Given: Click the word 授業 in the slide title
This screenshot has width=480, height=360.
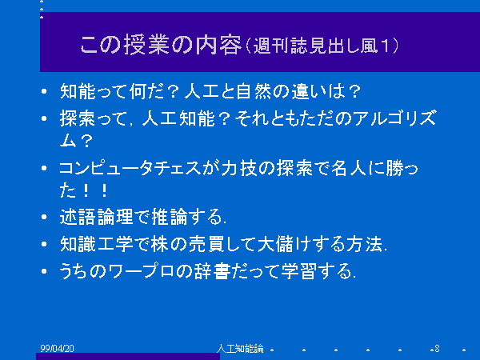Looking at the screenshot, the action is (146, 45).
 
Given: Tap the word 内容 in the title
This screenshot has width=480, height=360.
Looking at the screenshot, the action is (218, 45).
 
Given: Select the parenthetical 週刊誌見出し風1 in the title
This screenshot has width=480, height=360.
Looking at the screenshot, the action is (322, 46).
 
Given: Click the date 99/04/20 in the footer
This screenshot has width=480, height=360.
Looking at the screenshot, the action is (57, 348).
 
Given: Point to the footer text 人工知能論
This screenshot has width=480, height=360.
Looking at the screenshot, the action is (240, 348).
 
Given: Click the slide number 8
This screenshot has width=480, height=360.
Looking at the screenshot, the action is (437, 348).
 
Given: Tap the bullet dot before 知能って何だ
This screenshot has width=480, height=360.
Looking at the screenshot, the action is (44, 91).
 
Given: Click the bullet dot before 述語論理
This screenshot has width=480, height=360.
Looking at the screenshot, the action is (44, 217).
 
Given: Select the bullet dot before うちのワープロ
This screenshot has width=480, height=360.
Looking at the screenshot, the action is (44, 271).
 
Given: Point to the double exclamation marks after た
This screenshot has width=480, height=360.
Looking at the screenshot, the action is (95, 190).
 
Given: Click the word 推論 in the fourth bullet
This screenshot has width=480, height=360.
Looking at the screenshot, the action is (170, 217).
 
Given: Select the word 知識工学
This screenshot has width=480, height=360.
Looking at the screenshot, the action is (96, 244).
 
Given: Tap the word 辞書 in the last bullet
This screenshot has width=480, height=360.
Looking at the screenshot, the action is (212, 271).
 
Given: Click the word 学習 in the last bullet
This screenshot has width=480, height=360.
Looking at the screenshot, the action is (298, 271).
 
